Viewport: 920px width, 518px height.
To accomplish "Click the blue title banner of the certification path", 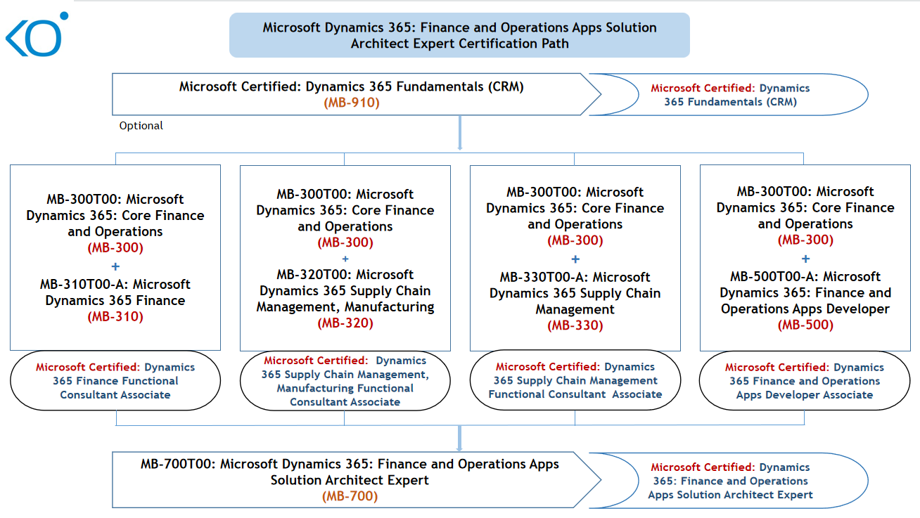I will [459, 35].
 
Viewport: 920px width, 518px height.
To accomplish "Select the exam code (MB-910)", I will [351, 103].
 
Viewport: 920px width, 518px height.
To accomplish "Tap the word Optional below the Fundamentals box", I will [141, 126].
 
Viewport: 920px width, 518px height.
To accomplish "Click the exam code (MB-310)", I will [115, 317].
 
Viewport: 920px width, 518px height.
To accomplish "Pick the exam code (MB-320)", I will [345, 323].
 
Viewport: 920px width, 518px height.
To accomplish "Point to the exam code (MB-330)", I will [575, 325].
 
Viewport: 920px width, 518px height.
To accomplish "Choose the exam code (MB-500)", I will [805, 325].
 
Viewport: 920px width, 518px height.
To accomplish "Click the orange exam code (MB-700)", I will [350, 496].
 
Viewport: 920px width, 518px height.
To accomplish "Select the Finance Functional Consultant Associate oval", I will [115, 381].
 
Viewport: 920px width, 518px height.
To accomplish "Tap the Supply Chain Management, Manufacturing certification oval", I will [345, 381].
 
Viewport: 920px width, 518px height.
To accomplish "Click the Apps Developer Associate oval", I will [805, 381].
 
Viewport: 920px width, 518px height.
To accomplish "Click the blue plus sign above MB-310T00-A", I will [115, 266].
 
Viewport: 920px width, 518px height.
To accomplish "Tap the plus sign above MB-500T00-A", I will [805, 259].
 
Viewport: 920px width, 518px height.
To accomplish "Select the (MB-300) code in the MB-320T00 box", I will [345, 243].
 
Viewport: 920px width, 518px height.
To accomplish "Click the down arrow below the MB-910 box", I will [459, 134].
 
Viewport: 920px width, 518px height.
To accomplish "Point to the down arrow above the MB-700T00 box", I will [459, 439].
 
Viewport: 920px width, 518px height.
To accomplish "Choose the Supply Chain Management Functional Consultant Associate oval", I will [575, 380].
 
